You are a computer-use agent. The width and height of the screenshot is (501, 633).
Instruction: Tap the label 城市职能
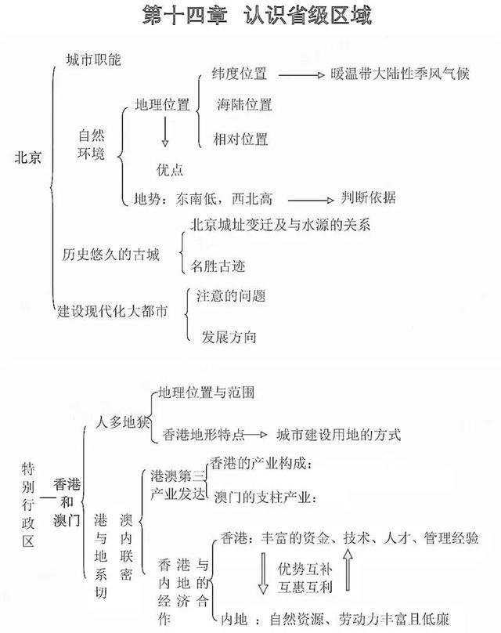tap(94, 59)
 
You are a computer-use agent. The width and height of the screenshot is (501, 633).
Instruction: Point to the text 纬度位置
tap(240, 74)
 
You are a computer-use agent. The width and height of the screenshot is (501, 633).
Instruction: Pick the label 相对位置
tap(240, 139)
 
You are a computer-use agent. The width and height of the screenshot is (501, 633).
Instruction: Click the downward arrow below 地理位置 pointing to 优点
tap(164, 132)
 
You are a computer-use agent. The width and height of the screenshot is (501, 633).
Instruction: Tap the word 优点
tap(171, 169)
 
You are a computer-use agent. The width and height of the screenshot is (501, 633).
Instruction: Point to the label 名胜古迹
tap(218, 266)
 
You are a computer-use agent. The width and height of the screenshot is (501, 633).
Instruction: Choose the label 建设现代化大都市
tap(113, 312)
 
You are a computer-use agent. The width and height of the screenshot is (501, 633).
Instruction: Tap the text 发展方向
tap(229, 337)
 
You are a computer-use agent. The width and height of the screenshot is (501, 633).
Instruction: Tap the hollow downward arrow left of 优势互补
tap(263, 574)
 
